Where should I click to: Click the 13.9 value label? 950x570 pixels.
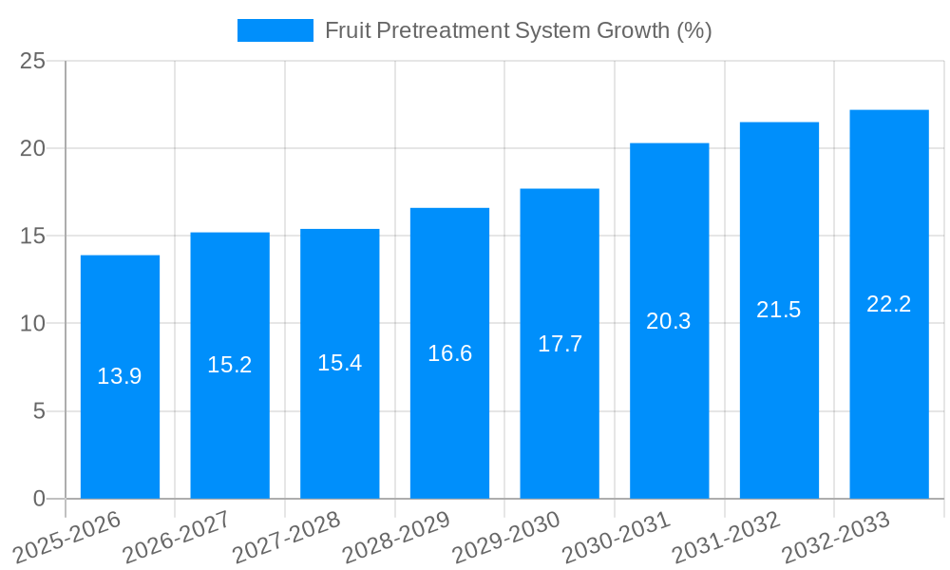[120, 376]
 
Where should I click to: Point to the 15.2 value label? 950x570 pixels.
[230, 365]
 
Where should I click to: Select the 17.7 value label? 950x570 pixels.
[560, 344]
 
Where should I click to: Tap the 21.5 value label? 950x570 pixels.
[779, 310]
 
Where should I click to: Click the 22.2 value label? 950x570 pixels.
[889, 304]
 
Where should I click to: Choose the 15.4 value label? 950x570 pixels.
[339, 363]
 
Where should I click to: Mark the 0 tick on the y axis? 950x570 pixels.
[39, 499]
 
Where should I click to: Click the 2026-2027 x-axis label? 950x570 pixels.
[177, 538]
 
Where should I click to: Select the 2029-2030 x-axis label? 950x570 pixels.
[506, 538]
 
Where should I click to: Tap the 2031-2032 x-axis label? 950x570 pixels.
[726, 538]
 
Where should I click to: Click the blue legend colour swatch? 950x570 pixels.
[275, 30]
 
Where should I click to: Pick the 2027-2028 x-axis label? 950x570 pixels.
[286, 538]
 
